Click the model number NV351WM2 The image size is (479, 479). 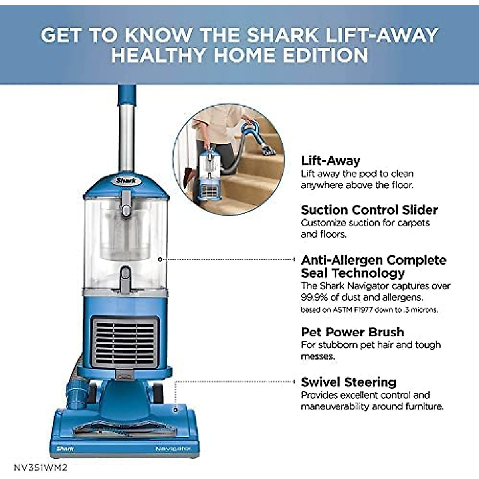coord(38,467)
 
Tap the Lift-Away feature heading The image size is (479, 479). coord(331,161)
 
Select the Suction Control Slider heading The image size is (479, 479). coord(369,210)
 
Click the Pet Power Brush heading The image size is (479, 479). coord(352,332)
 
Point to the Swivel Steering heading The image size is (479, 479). coord(348,382)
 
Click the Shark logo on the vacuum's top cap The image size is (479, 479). coord(126,181)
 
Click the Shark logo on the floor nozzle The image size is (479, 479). coord(65,449)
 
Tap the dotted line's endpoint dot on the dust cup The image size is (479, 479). coord(160,259)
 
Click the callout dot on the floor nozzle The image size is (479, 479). coord(175,410)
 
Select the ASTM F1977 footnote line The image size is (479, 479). coord(369,310)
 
